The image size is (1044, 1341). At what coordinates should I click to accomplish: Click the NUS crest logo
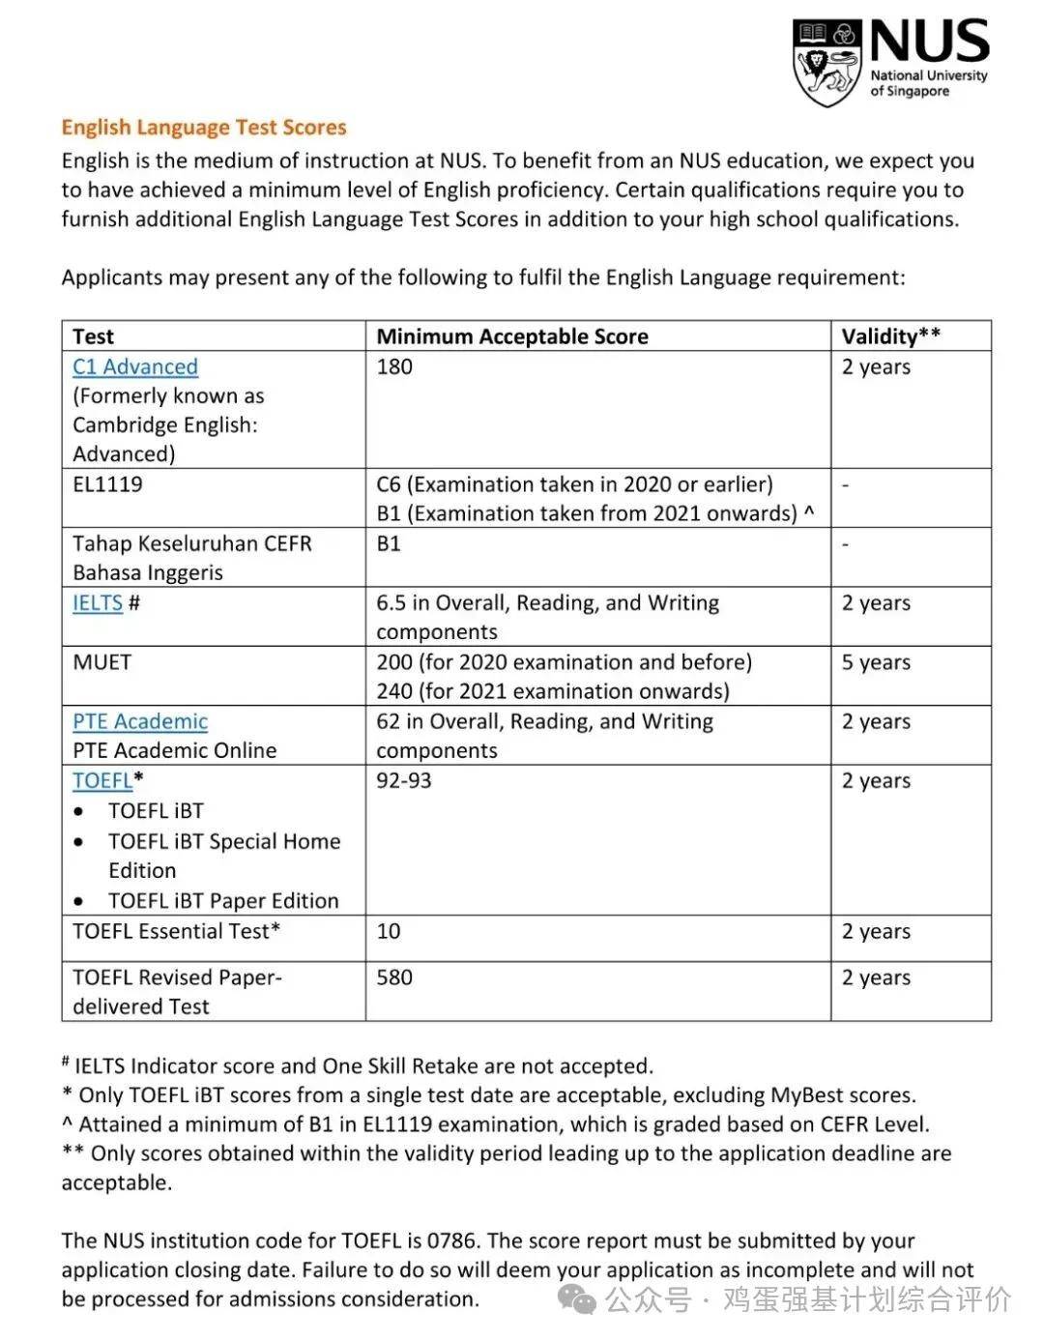coord(826,63)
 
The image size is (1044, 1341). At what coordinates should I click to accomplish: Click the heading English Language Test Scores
coord(203,128)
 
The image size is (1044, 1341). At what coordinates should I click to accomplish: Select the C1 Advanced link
coord(135,367)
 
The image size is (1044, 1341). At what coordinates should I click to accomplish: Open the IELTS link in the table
coord(98,603)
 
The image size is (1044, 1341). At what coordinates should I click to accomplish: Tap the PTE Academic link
coord(140,722)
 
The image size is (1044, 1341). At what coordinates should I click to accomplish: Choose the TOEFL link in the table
coord(102,781)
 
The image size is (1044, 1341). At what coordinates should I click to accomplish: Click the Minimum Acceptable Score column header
coord(512,336)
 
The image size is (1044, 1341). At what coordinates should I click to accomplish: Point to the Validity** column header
coord(890,336)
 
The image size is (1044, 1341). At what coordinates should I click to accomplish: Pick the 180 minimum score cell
coord(394,367)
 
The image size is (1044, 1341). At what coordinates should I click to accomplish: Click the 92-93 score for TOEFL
coord(404,781)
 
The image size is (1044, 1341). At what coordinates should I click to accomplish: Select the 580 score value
coord(394,977)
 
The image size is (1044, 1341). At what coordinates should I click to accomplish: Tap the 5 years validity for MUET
coord(876,663)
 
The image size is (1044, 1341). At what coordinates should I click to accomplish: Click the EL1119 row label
coord(107,484)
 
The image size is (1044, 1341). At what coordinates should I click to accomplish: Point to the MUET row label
coord(101,663)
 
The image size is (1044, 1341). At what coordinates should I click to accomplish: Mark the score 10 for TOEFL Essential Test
coord(389,932)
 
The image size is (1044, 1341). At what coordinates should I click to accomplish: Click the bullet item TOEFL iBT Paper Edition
coord(223,901)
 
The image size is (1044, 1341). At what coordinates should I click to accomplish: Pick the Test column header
coord(93,336)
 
